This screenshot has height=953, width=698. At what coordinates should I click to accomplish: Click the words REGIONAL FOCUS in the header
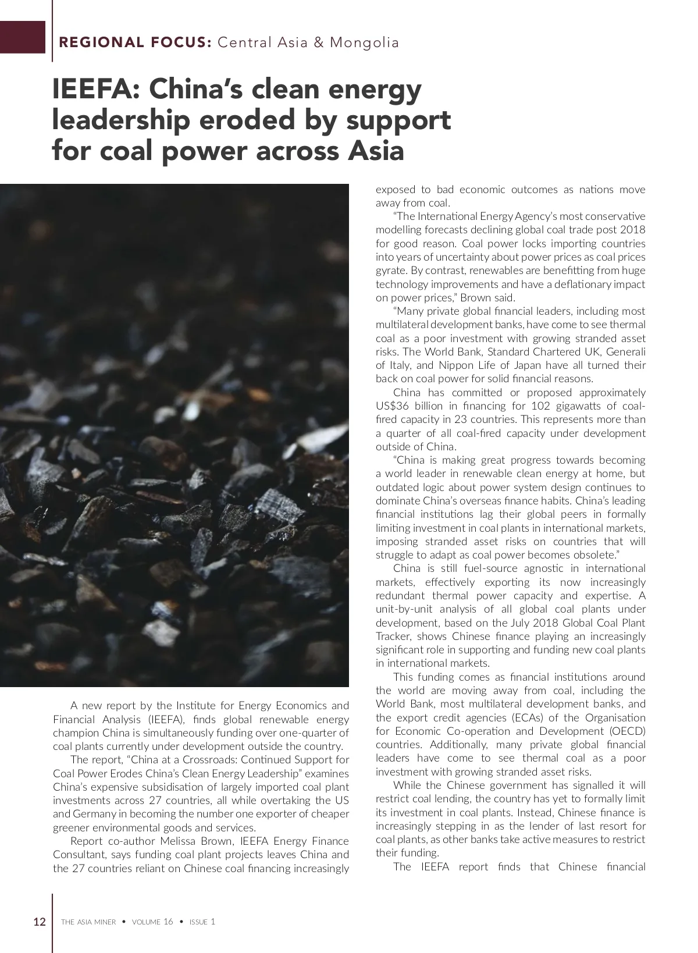click(135, 42)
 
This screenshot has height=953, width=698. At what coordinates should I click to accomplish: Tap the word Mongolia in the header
click(365, 42)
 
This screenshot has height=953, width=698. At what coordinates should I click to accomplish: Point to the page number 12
click(40, 922)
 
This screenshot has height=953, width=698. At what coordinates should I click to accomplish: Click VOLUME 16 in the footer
click(152, 922)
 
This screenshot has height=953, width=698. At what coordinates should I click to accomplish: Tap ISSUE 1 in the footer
click(202, 922)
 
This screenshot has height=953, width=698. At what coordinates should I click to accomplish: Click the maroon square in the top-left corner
click(22, 37)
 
